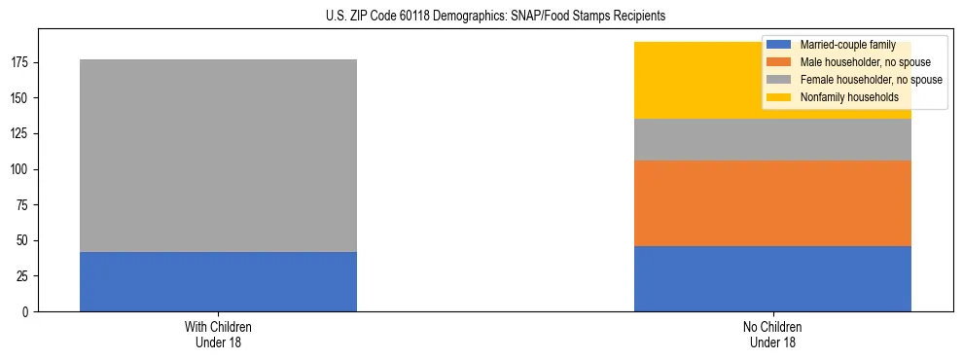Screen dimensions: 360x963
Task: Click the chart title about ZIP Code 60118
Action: click(481, 16)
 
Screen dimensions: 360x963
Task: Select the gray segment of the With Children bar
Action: click(218, 156)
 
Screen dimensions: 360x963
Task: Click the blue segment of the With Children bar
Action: click(218, 281)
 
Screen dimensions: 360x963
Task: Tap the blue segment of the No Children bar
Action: click(772, 278)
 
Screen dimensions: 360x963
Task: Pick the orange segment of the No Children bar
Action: click(772, 202)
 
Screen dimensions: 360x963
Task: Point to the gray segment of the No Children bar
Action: click(772, 139)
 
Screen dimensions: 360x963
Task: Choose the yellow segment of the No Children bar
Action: click(681, 80)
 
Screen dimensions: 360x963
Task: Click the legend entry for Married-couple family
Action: click(845, 45)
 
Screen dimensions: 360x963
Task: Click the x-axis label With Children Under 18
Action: click(218, 334)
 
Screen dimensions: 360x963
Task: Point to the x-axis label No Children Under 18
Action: click(772, 334)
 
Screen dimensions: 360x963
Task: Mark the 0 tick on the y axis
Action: click(27, 311)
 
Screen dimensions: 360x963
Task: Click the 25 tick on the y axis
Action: click(24, 276)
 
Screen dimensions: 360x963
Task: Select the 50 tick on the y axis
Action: click(24, 240)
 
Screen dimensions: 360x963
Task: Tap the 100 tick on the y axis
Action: click(21, 169)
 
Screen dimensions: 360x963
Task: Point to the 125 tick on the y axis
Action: click(21, 133)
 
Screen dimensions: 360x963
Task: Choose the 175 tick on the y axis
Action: click(21, 62)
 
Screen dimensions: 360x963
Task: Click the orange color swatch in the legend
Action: click(779, 62)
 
